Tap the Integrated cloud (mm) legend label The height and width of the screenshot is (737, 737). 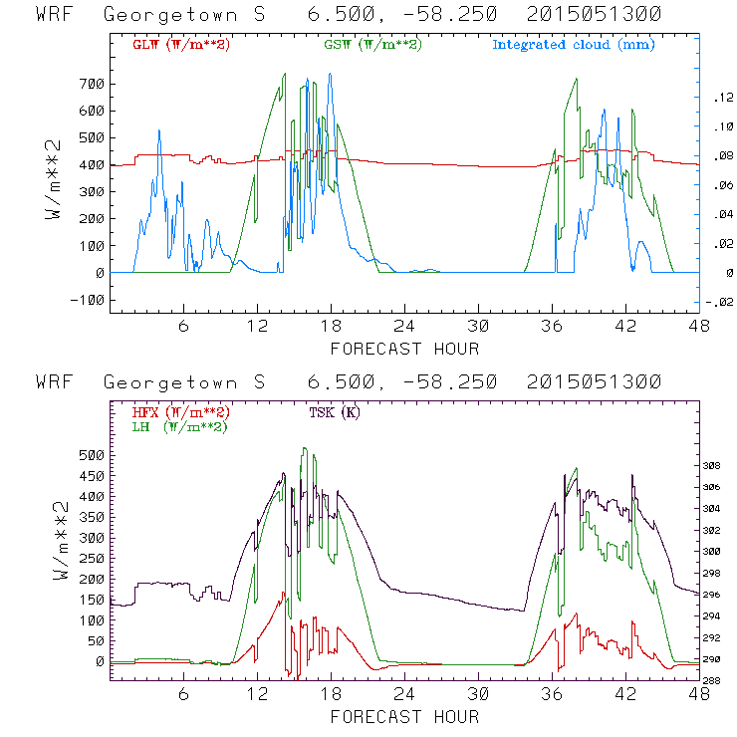[x=574, y=45]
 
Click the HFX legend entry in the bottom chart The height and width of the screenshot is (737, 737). [x=181, y=412]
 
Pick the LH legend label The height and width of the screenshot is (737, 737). [x=179, y=426]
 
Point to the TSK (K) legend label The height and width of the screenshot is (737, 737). [x=337, y=412]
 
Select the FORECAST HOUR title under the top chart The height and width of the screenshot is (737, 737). [x=404, y=349]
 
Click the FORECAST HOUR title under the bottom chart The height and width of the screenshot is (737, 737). [x=404, y=717]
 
